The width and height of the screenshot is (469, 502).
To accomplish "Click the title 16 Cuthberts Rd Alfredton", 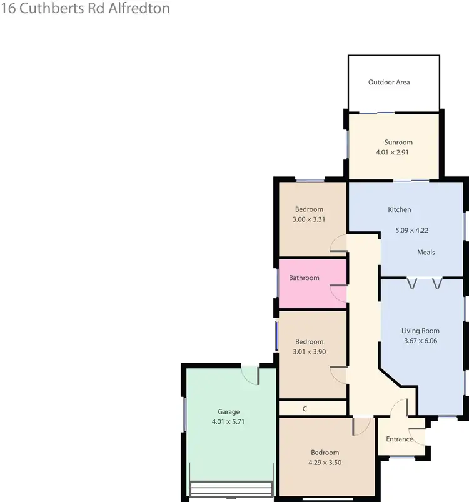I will [85, 9].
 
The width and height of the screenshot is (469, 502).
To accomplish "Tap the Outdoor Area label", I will [389, 82].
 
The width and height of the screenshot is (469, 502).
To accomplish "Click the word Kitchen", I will [400, 209].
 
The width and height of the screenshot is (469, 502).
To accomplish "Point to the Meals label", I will [426, 253].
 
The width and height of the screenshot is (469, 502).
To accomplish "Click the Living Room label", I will [420, 331].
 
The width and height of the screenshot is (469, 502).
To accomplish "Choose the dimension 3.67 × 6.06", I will [420, 341].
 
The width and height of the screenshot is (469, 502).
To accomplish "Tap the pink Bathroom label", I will [304, 278].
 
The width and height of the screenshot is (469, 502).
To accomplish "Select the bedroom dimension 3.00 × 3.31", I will [309, 219].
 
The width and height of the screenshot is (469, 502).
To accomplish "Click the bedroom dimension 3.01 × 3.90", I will [309, 352].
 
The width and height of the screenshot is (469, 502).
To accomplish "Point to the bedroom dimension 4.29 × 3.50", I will [325, 463].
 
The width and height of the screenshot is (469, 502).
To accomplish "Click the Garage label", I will [228, 412].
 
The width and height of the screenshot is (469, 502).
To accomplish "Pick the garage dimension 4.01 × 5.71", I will [228, 422].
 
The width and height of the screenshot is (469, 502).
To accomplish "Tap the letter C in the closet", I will [305, 409].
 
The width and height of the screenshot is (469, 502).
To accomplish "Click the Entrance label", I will [399, 439].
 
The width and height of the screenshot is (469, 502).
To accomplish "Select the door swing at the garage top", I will [250, 374].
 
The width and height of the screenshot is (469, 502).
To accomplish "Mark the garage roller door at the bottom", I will [231, 489].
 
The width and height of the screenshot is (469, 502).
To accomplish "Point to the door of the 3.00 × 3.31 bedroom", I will [338, 244].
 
